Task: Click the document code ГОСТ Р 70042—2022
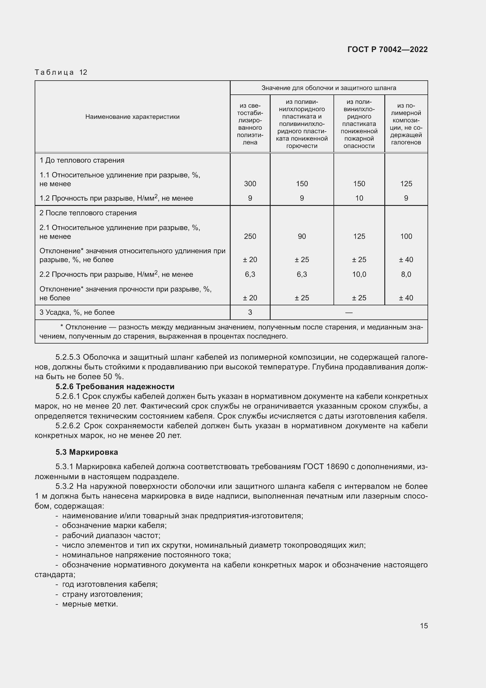(x=388, y=49)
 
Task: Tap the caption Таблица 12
(x=61, y=72)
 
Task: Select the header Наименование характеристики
(x=132, y=117)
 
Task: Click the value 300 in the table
(x=250, y=184)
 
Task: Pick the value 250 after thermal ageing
(x=250, y=236)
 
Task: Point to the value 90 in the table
(x=302, y=236)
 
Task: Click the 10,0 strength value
(x=359, y=274)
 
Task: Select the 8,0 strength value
(x=406, y=274)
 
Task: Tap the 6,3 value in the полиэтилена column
(x=250, y=274)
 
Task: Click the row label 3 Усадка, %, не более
(x=77, y=312)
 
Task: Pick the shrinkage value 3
(x=250, y=312)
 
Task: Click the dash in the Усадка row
(x=349, y=313)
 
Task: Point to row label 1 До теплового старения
(x=82, y=160)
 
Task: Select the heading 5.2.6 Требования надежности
(x=115, y=387)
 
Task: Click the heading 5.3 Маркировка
(x=87, y=452)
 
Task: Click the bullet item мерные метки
(x=90, y=604)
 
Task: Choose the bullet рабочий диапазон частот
(x=111, y=535)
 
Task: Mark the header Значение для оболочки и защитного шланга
(x=329, y=88)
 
